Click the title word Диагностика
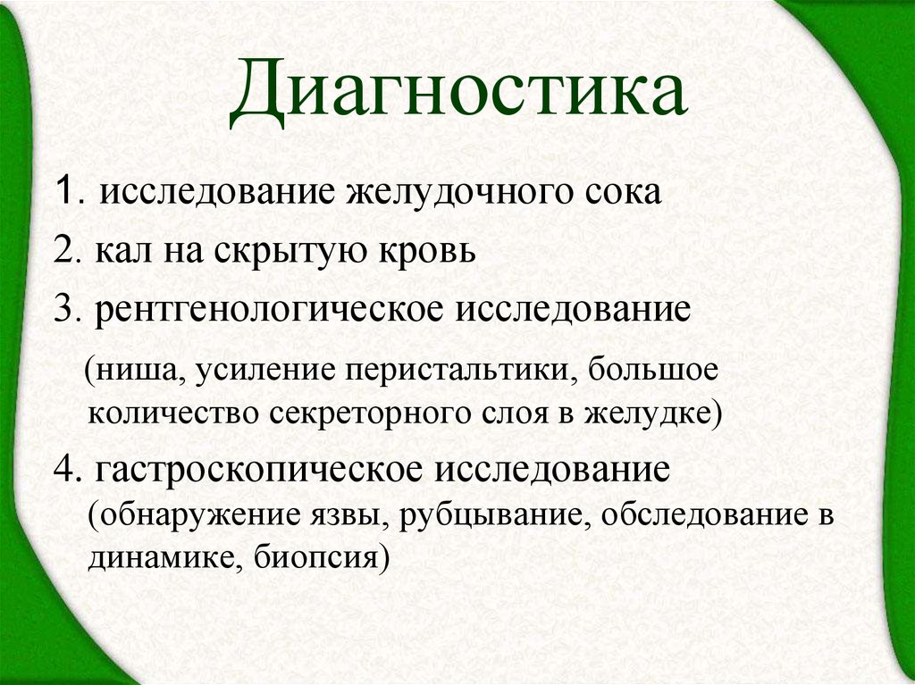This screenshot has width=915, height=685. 457,93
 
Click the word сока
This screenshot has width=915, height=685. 625,193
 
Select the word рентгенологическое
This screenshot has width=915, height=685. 275,312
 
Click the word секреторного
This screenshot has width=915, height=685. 368,412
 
